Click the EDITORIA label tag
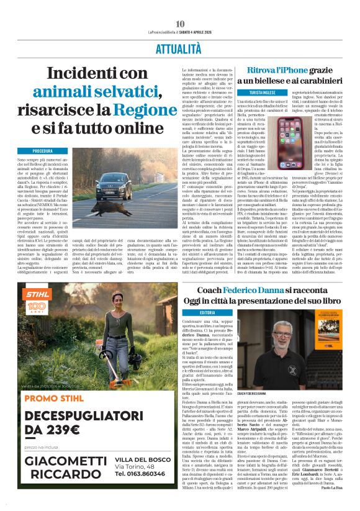click(208, 312)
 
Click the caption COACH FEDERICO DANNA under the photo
click(269, 394)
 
